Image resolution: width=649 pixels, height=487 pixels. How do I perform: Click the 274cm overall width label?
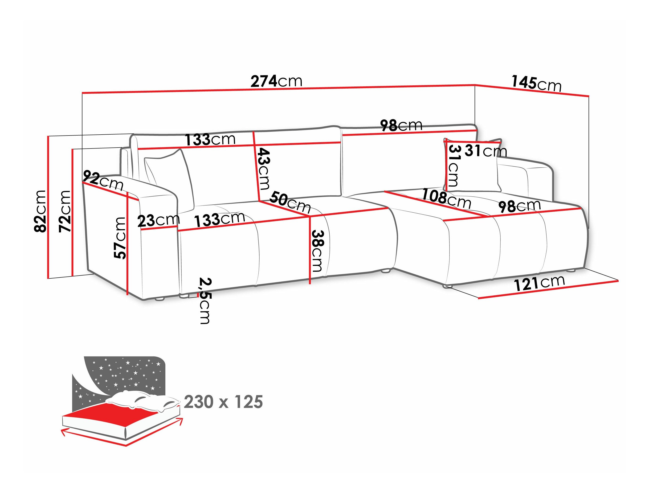tap(276, 81)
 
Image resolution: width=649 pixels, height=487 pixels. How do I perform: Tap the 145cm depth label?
tap(536, 83)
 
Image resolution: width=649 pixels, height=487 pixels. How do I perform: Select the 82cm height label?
tap(40, 211)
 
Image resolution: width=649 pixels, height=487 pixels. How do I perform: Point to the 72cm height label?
tap(65, 211)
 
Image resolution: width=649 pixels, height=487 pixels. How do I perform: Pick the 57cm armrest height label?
tap(120, 238)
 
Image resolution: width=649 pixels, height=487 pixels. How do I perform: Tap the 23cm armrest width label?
tap(159, 220)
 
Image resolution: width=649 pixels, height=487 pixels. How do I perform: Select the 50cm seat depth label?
tap(290, 202)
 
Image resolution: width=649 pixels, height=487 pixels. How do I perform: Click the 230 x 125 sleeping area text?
tap(223, 402)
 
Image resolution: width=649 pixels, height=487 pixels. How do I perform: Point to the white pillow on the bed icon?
tap(141, 401)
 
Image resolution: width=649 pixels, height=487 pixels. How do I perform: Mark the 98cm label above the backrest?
tap(401, 125)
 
